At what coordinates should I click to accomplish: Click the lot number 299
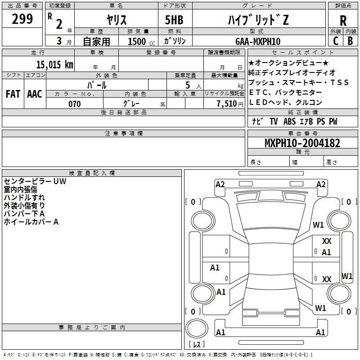point(22,19)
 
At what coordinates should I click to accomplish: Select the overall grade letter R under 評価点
point(343,21)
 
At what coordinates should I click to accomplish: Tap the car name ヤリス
point(116,20)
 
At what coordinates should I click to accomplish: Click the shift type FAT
point(13,94)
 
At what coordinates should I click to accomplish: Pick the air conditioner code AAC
point(35,94)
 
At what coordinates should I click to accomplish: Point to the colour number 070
point(74,104)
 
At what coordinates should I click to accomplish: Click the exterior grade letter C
point(335,41)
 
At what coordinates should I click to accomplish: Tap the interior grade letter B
point(350,41)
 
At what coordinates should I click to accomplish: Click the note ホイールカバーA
point(31,222)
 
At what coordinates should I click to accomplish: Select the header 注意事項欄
point(123,134)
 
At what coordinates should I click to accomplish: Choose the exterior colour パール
point(97,84)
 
